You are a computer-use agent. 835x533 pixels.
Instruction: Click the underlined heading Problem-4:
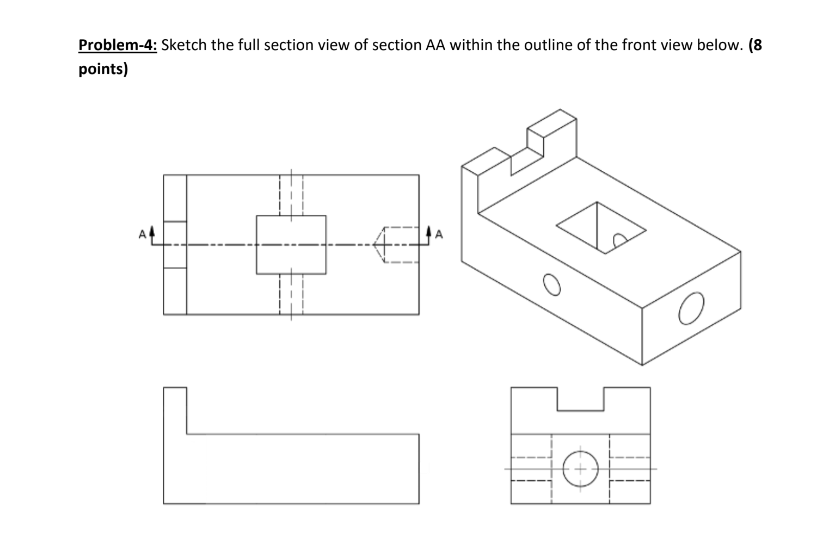118,45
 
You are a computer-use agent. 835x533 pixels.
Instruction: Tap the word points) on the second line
103,70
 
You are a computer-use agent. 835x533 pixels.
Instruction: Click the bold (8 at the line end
755,45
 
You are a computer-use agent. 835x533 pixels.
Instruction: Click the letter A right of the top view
439,235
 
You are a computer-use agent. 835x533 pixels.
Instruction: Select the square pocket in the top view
291,245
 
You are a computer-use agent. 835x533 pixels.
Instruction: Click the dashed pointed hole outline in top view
396,245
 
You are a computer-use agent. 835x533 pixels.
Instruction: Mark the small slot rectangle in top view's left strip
175,245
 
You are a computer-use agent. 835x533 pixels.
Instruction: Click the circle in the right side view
580,469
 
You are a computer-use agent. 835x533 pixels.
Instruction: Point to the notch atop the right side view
580,400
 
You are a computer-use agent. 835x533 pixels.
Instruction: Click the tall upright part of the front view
175,411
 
